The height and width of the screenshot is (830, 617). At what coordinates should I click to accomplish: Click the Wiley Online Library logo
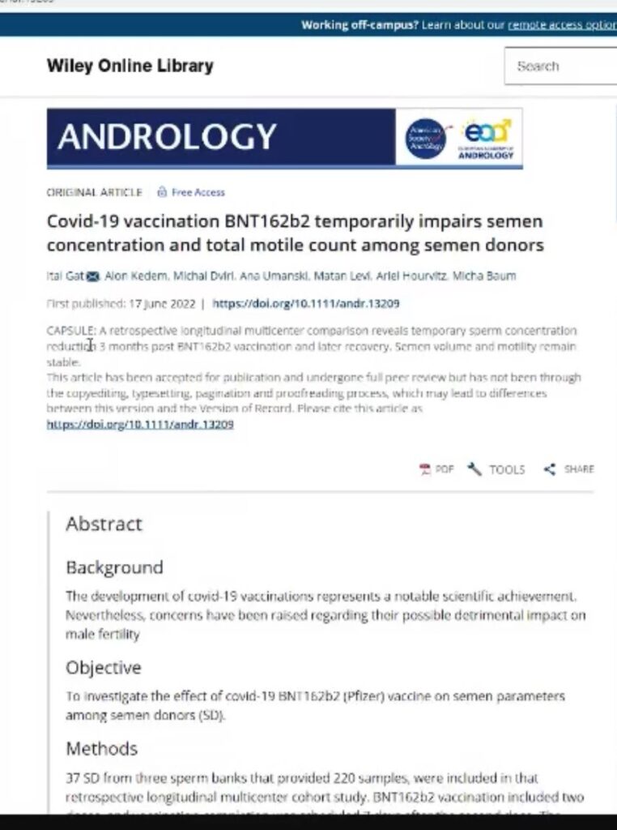(x=130, y=66)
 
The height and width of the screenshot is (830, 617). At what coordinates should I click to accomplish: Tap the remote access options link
(x=562, y=24)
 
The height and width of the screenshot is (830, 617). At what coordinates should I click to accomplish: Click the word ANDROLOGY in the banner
(x=167, y=138)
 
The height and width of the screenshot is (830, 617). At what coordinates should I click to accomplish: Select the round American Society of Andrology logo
(x=424, y=139)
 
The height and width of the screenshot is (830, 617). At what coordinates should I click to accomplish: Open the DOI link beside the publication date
(x=305, y=304)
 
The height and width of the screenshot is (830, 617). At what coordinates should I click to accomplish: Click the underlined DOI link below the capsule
(x=140, y=424)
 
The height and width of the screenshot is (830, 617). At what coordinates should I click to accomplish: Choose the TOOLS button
(x=496, y=469)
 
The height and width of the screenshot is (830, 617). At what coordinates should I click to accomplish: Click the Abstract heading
(x=104, y=524)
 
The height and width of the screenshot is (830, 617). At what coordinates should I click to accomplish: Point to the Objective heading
(x=103, y=668)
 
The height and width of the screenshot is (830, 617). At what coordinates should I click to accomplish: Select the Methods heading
(x=101, y=748)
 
